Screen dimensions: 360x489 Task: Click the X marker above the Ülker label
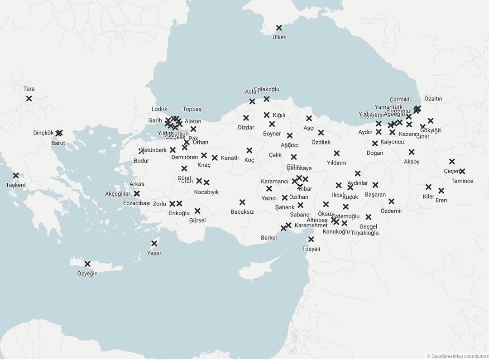pos(279,28)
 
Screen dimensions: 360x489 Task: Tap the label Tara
pos(29,89)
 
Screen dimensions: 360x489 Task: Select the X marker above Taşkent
pos(16,175)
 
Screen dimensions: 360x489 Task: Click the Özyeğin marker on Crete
pos(87,264)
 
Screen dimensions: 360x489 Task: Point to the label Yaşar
pos(154,253)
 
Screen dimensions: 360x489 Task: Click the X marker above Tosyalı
pos(311,239)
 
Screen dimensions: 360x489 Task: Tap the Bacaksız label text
pos(242,211)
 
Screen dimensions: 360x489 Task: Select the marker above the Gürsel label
pos(197,211)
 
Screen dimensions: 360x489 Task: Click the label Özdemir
pos(391,211)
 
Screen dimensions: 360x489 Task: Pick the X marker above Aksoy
pos(412,152)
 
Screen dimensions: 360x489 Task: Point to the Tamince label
pos(462,181)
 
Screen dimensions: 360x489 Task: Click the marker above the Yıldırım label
pos(336,154)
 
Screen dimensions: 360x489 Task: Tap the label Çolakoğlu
pos(267,89)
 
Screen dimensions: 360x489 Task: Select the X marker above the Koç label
pos(249,150)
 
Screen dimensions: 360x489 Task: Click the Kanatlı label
pos(230,158)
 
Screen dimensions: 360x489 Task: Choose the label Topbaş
pos(192,109)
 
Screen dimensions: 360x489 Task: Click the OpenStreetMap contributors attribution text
pos(457,356)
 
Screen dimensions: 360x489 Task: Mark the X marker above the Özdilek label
pos(321,133)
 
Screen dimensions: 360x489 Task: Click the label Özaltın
pos(433,99)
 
